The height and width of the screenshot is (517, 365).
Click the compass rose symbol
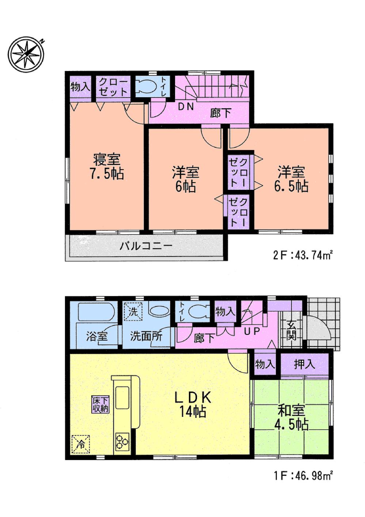(26, 54)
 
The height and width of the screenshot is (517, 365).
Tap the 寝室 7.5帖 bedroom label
(107, 167)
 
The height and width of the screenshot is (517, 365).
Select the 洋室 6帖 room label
(185, 179)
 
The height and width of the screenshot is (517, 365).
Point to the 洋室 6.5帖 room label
(291, 179)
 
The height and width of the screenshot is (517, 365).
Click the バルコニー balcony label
(146, 246)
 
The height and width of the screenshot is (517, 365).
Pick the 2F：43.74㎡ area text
(303, 255)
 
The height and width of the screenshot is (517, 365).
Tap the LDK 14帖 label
(193, 404)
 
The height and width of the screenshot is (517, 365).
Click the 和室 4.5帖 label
(291, 417)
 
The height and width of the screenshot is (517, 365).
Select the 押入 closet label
(304, 364)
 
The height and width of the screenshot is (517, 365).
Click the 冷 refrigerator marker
(81, 444)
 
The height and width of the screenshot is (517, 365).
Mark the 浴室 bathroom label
(97, 336)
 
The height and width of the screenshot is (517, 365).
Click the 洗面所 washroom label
(146, 336)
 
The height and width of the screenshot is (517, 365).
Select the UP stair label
(252, 332)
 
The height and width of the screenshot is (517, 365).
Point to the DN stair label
(186, 107)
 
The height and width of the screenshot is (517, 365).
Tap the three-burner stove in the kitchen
(122, 442)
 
